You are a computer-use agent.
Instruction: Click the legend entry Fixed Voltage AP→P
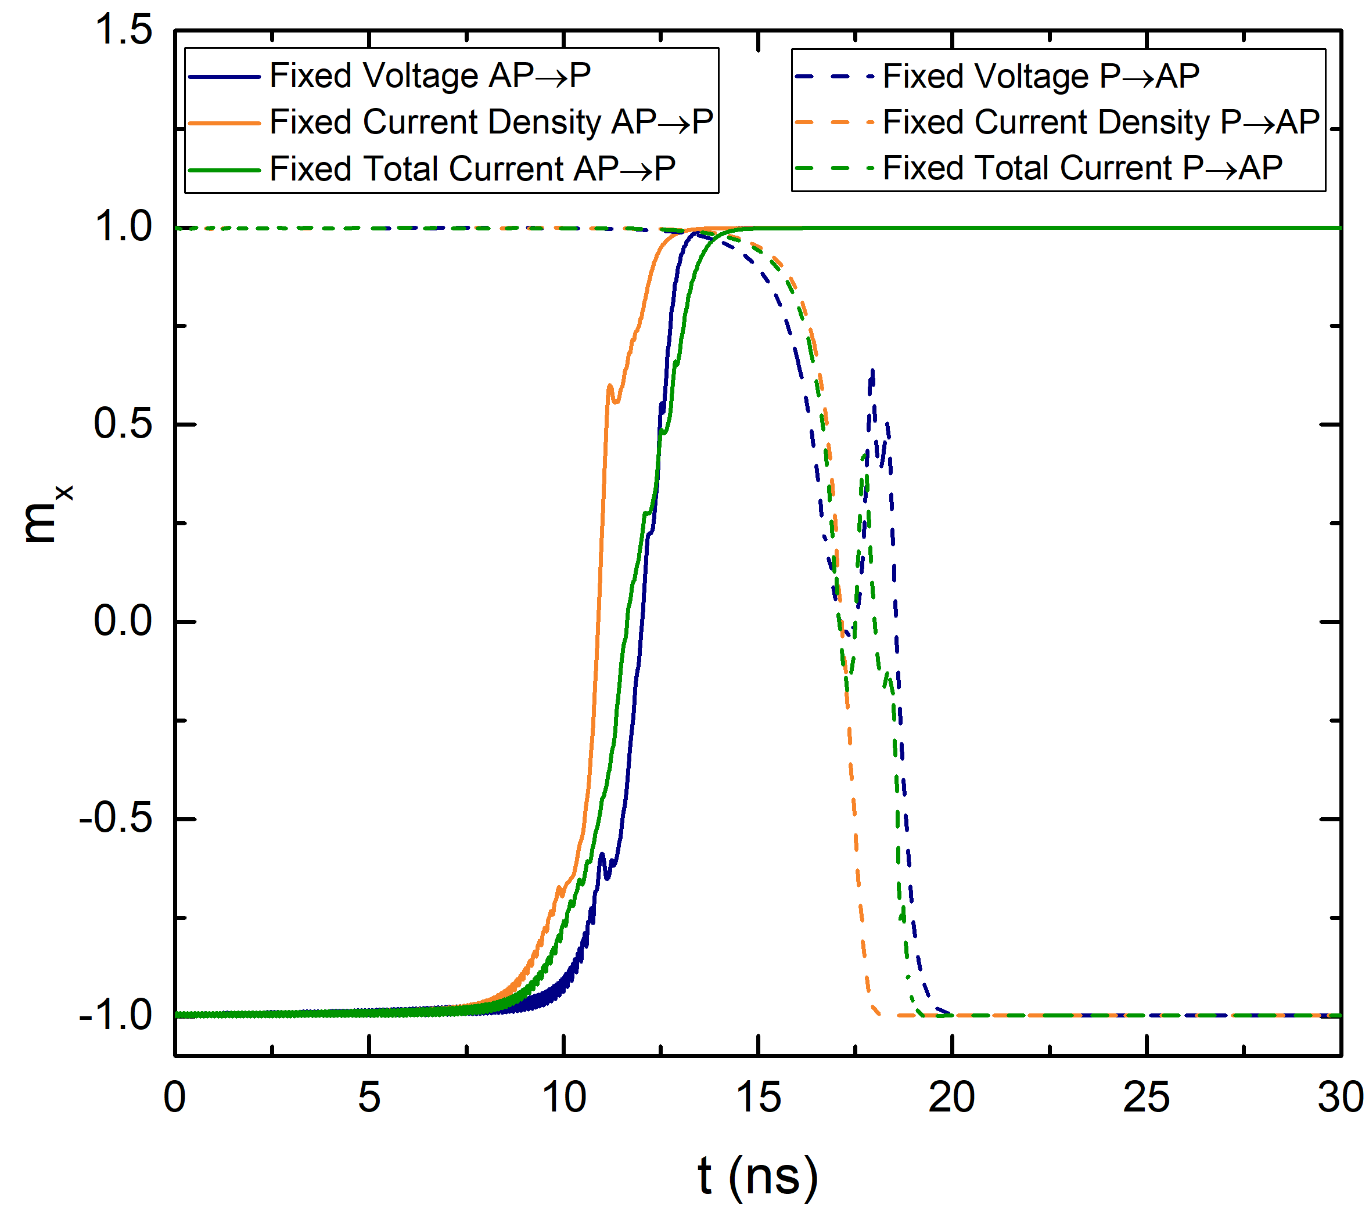429,75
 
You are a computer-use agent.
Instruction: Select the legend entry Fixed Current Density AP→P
491,122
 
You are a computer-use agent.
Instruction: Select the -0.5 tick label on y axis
117,818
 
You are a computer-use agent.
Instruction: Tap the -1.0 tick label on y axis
117,1015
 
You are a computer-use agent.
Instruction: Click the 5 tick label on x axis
369,1098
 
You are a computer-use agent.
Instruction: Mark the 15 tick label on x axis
757,1098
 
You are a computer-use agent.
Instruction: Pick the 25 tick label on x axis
1146,1098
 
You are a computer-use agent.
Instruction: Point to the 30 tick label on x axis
1340,1098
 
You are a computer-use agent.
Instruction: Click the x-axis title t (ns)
757,1175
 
